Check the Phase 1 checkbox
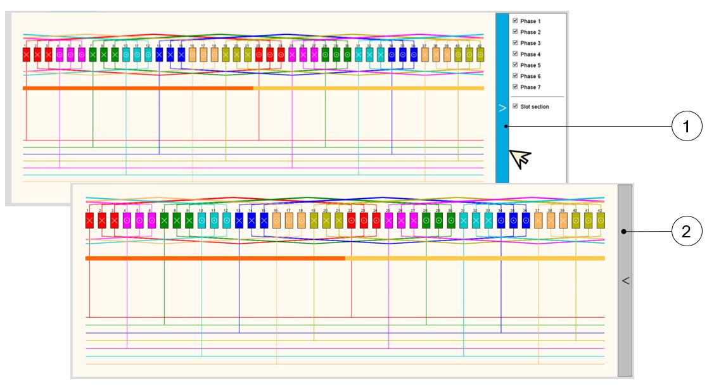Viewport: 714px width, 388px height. coord(515,21)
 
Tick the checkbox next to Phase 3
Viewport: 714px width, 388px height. coord(515,43)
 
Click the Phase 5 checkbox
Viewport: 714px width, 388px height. coord(515,65)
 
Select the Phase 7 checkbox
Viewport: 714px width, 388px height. coord(515,87)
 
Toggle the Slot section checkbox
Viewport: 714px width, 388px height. coord(515,106)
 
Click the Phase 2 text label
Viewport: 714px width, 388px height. coord(530,32)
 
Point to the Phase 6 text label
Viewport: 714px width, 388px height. coord(530,77)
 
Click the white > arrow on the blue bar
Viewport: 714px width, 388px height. coord(502,108)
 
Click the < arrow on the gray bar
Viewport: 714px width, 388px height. coord(625,280)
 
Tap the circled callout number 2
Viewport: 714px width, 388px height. coord(686,232)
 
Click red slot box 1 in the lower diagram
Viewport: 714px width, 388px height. coord(89,220)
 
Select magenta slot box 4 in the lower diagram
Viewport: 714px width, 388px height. coord(127,220)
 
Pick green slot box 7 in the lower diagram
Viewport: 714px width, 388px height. coord(164,220)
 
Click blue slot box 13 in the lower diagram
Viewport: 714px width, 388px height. coord(239,220)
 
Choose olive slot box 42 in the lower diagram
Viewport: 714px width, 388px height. coord(600,220)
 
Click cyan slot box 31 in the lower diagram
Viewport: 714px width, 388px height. coord(464,220)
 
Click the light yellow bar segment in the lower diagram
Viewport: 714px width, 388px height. coord(475,258)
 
